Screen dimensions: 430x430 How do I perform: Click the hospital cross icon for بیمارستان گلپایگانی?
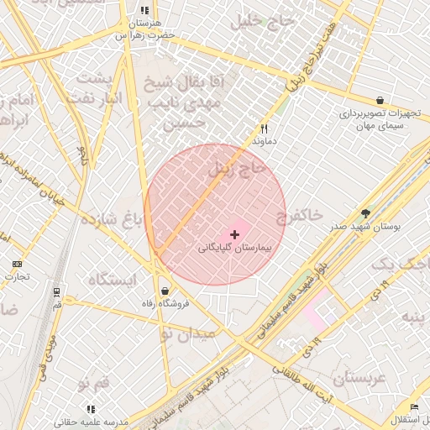233,233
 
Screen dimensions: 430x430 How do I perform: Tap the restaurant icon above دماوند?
265,129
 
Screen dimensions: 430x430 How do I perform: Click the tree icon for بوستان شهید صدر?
365,213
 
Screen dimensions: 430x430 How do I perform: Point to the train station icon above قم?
56,292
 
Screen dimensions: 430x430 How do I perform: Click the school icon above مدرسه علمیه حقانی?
91,409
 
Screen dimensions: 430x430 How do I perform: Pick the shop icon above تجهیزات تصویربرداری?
380,100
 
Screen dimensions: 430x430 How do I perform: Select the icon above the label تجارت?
17,264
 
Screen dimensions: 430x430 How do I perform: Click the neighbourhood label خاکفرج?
299,216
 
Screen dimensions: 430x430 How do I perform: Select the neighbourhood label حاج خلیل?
283,22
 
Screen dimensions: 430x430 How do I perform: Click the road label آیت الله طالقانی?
303,383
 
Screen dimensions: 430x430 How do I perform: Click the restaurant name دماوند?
265,143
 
